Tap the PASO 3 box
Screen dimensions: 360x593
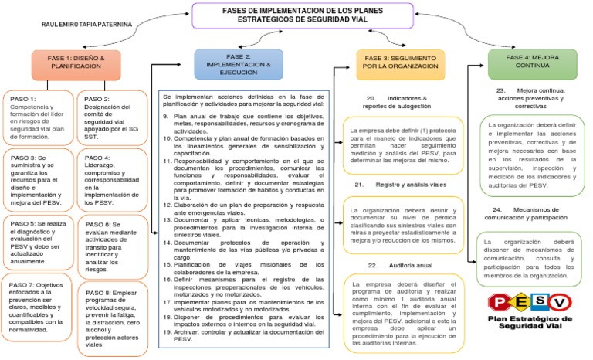[39, 178]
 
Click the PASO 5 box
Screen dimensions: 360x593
[39, 242]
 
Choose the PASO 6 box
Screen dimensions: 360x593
[111, 242]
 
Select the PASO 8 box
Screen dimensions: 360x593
[111, 313]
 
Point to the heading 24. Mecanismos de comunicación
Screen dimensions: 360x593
[533, 214]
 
